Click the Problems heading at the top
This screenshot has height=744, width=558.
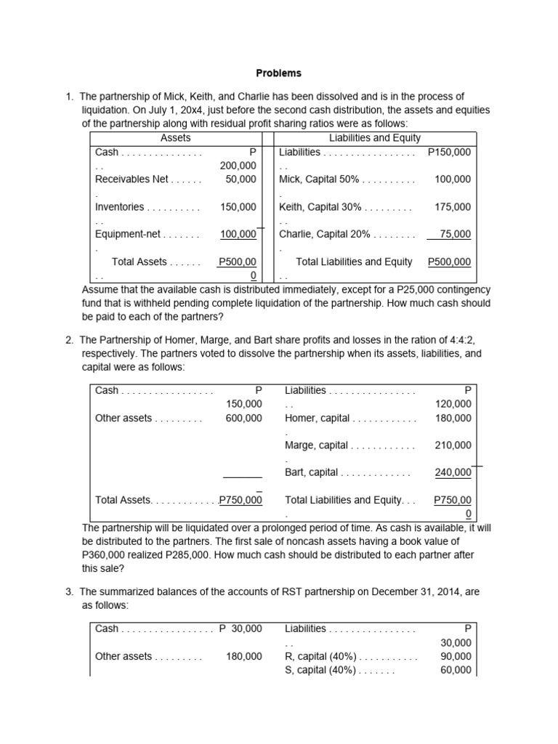click(278, 73)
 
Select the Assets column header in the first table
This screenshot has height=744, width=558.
click(175, 138)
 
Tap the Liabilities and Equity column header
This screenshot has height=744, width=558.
click(374, 138)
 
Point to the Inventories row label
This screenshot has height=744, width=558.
click(120, 207)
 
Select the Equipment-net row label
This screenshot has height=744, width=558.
click(129, 235)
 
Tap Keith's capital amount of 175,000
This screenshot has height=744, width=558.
click(452, 207)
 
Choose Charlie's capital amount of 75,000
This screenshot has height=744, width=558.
click(455, 235)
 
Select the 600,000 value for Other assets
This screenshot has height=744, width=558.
click(244, 418)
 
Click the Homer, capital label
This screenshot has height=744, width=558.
click(318, 418)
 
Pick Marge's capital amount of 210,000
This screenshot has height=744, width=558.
click(452, 445)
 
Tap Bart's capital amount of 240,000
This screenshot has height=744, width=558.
click(452, 473)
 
